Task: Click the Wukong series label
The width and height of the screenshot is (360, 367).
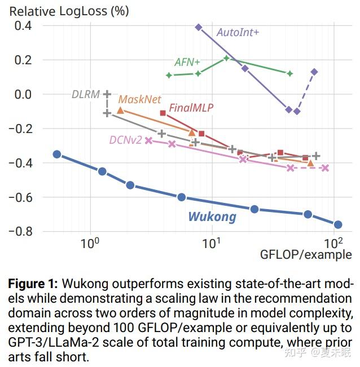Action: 212,216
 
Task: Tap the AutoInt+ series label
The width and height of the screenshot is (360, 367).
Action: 238,32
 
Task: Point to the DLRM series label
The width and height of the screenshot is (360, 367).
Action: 85,94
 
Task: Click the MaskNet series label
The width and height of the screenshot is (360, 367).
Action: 139,99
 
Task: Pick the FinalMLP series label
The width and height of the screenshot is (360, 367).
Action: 191,107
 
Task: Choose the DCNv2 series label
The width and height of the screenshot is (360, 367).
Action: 125,140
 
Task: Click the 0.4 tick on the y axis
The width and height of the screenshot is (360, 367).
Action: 24,25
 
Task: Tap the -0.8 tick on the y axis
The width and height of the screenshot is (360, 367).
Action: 21,232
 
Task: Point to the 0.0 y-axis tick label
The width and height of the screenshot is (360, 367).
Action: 24,94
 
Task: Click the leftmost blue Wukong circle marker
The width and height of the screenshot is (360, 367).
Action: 56,154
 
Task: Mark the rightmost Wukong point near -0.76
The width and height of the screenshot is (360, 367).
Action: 338,224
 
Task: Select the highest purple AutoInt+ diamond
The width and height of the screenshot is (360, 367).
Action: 199,27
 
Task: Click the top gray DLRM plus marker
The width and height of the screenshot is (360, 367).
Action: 107,94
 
